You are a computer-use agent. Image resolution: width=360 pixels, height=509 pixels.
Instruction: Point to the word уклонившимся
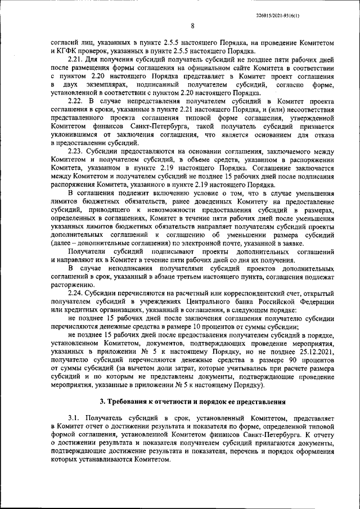pyautogui.click(x=75, y=135)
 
